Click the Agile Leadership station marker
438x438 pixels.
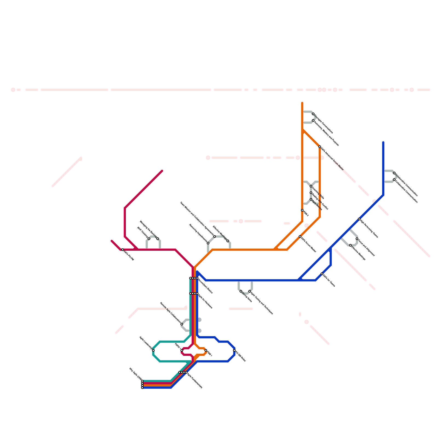(x=153, y=350)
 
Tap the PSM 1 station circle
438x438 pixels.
(x=206, y=350)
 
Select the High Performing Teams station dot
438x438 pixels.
(x=359, y=219)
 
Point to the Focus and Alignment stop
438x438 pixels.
(x=357, y=239)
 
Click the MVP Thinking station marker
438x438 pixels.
(x=149, y=239)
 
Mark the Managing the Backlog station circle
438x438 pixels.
(x=158, y=239)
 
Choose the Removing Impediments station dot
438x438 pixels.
(x=208, y=243)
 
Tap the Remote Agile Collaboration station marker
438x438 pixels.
(x=182, y=324)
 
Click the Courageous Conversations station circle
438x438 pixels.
(x=313, y=114)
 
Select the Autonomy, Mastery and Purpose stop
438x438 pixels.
(x=313, y=120)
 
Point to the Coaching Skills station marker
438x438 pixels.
(x=311, y=186)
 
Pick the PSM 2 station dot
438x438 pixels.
(x=302, y=210)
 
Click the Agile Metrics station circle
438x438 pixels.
(x=311, y=199)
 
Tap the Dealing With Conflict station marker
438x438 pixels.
(x=311, y=193)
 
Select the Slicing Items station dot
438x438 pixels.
(x=241, y=291)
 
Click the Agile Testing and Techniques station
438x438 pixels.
(x=250, y=291)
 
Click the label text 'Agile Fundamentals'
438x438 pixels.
(x=195, y=380)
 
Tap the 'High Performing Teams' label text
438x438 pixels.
(x=369, y=229)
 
